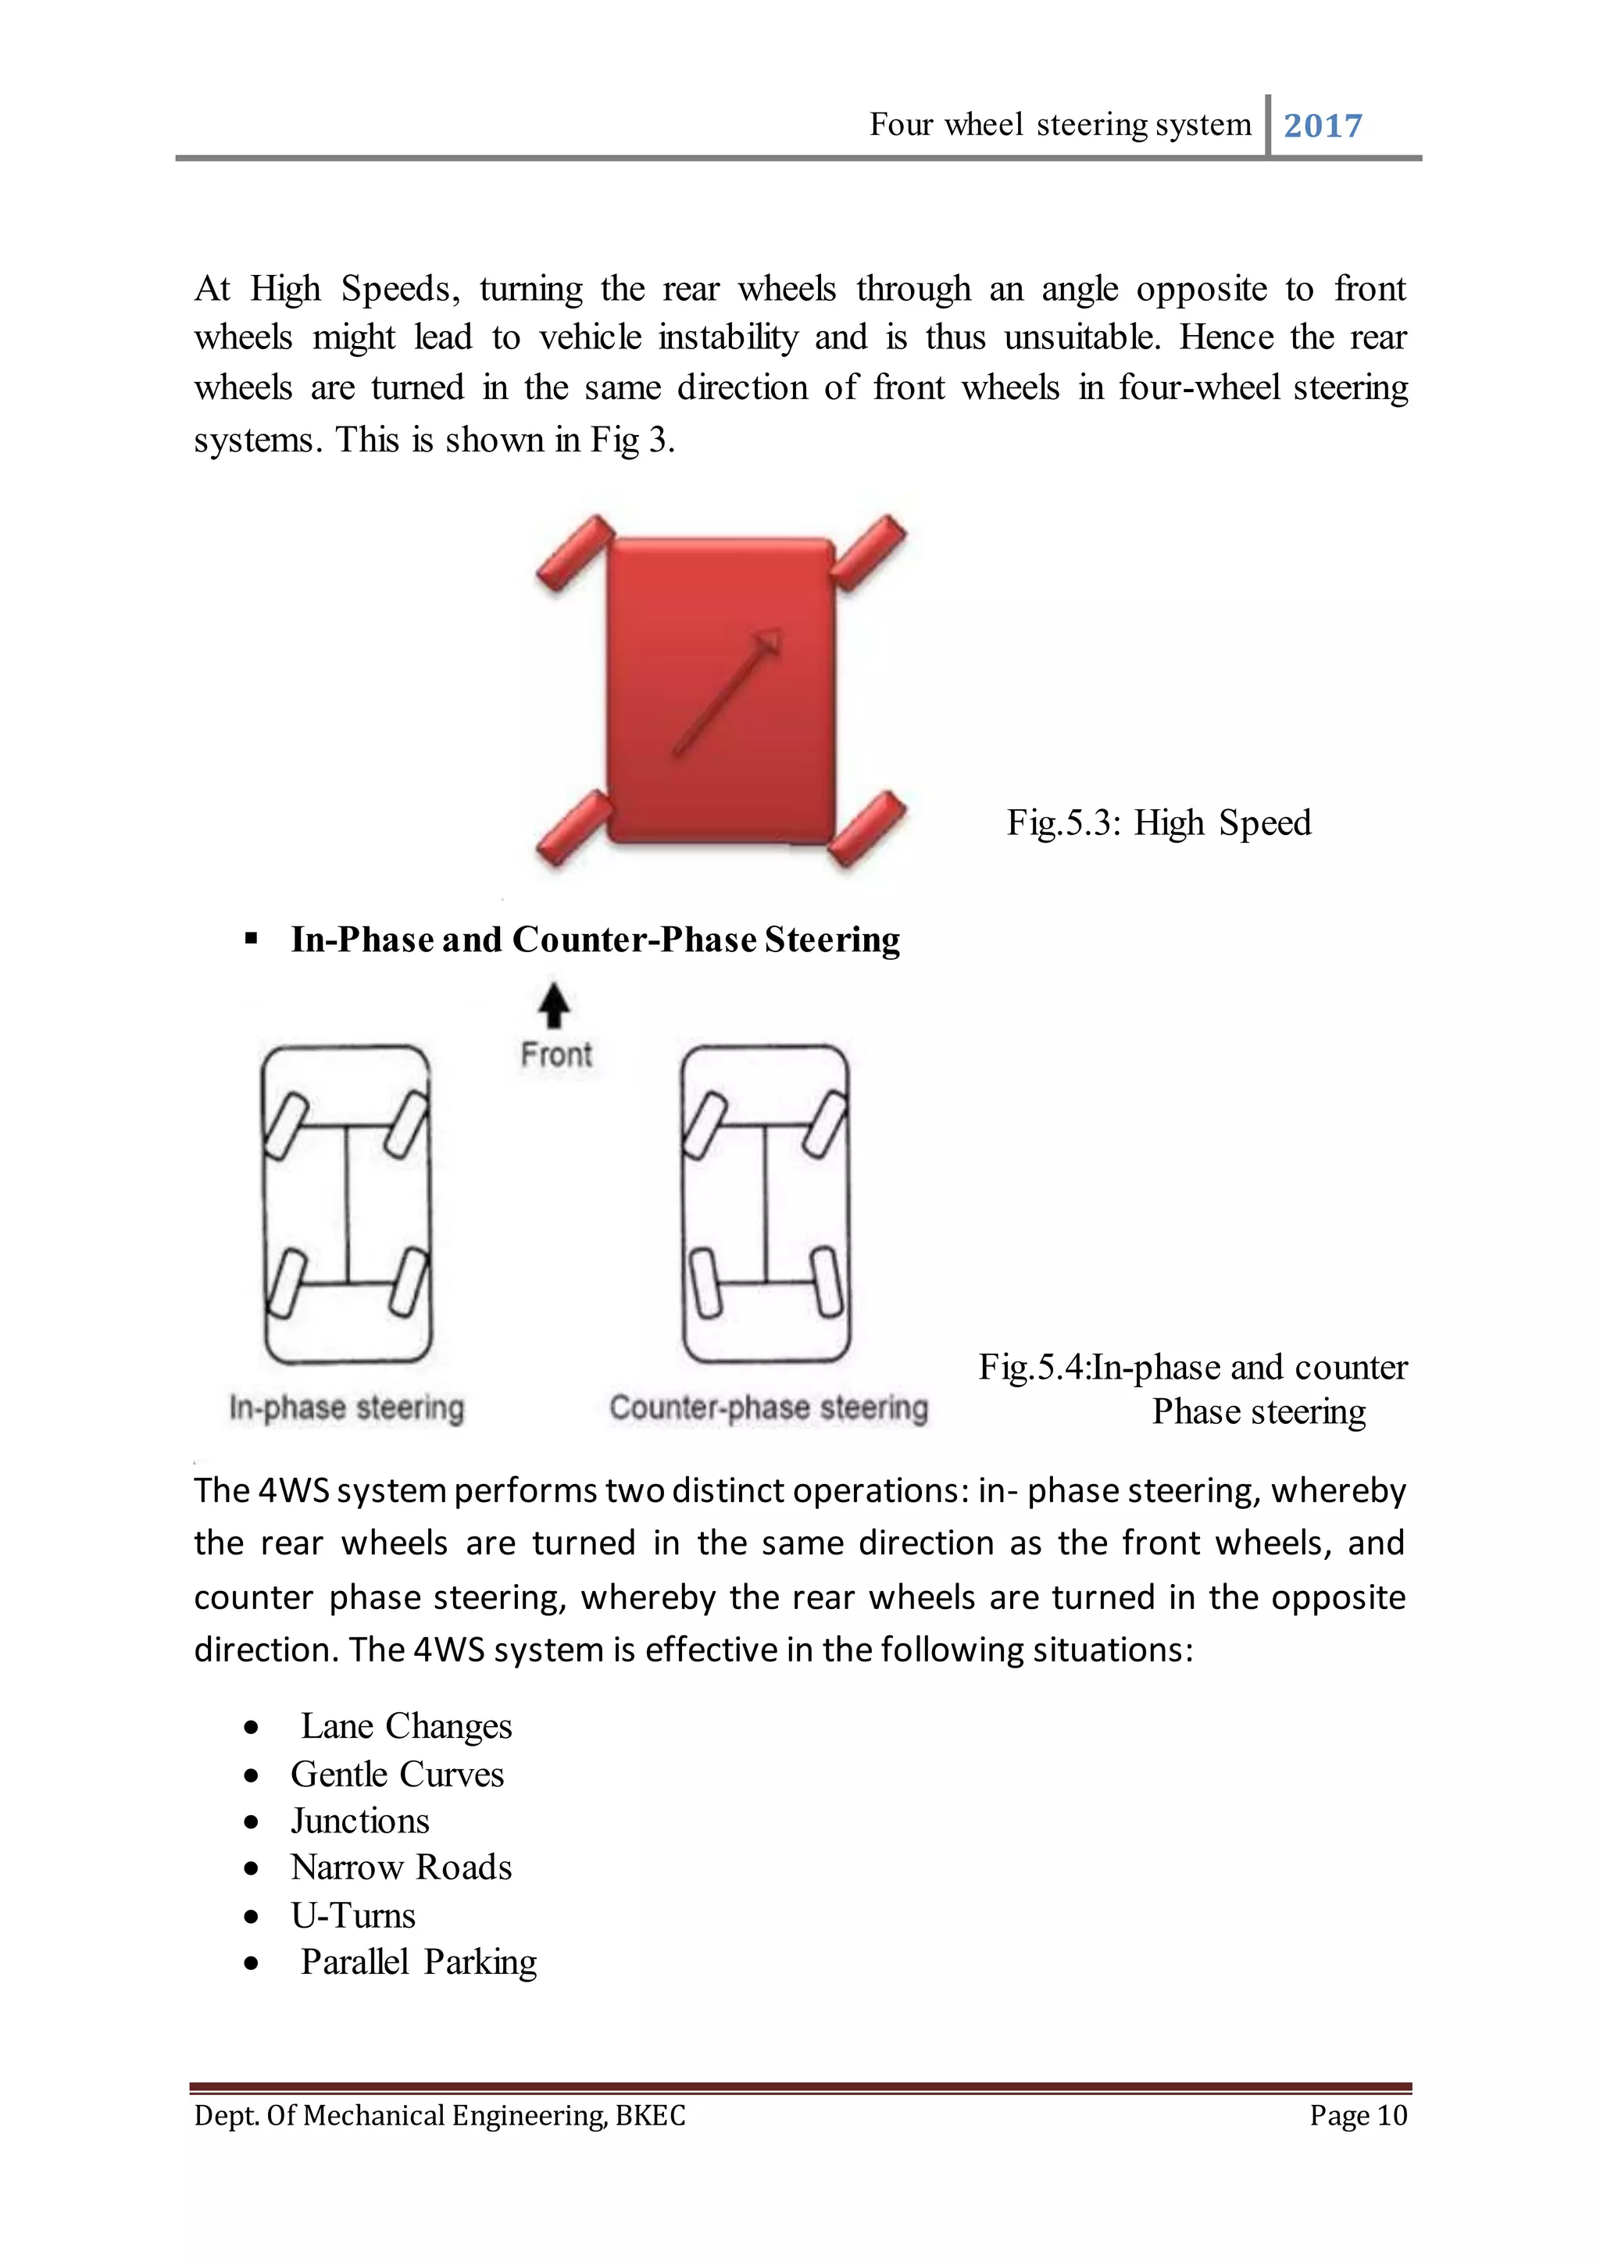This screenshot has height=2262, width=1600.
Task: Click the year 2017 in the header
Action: (x=1322, y=126)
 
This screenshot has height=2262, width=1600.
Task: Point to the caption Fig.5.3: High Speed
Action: (x=1159, y=822)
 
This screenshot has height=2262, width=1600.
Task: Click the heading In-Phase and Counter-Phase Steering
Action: (x=595, y=940)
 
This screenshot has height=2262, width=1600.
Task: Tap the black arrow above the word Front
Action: (x=555, y=1006)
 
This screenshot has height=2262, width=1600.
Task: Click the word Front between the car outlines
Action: (x=555, y=1055)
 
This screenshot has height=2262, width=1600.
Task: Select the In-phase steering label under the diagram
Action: (x=346, y=1408)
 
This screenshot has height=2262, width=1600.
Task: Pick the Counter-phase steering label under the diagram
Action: (x=769, y=1408)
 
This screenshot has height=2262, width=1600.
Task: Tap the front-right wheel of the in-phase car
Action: (x=405, y=1123)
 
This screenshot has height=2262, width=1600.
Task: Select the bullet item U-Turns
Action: (x=352, y=1915)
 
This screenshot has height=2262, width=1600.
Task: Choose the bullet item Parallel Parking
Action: (x=419, y=1961)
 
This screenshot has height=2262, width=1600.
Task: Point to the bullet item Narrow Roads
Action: (x=401, y=1868)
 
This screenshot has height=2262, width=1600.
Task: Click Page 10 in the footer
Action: (x=1358, y=2115)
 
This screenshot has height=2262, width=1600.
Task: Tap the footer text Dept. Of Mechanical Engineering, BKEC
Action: (x=439, y=2115)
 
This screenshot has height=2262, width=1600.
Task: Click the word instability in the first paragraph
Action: (x=728, y=338)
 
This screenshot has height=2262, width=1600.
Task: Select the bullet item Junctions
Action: (x=359, y=1821)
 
